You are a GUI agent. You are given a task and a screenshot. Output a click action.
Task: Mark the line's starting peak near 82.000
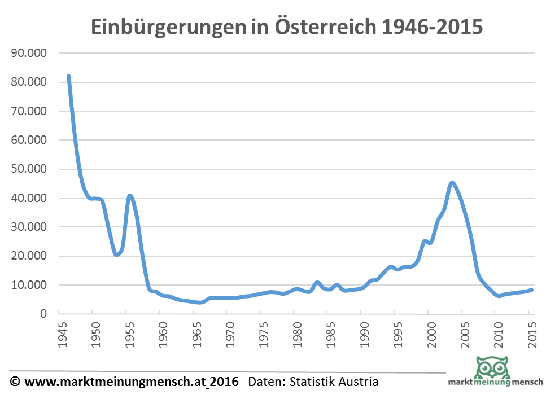(x=69, y=76)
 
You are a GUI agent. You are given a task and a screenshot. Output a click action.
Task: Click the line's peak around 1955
(x=130, y=196)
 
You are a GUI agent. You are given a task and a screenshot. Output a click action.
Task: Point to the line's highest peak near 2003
(x=452, y=183)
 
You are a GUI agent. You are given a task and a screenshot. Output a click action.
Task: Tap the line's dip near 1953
(x=117, y=255)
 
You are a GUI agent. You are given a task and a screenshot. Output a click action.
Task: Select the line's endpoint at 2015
(x=531, y=290)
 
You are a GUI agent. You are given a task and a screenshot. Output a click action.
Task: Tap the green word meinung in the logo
(x=493, y=382)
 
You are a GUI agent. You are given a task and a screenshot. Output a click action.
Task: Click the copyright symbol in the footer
(x=15, y=382)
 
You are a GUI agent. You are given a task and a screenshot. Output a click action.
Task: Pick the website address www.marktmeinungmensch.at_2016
(x=132, y=382)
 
